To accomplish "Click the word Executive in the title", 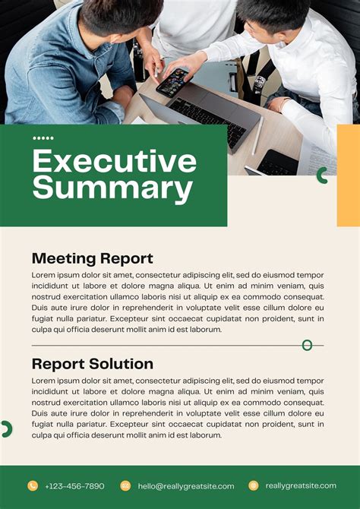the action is pos(115,161).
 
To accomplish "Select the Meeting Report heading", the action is pos(92,259).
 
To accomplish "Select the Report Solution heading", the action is pos(93,364).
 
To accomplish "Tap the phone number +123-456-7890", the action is pos(74,486).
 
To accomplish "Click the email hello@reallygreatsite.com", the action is pos(186,486).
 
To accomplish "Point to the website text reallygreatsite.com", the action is pos(301,485).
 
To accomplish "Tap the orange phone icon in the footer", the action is pos(33,485).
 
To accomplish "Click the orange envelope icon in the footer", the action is pos(125,485).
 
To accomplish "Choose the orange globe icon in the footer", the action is pos(254,485).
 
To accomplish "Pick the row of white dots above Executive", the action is pos(43,138).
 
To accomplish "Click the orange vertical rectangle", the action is pos(349,175).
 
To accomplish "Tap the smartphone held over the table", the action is pos(174,82).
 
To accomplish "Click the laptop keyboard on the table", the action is pos(207,119).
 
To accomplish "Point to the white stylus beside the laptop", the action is pos(257,136).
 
